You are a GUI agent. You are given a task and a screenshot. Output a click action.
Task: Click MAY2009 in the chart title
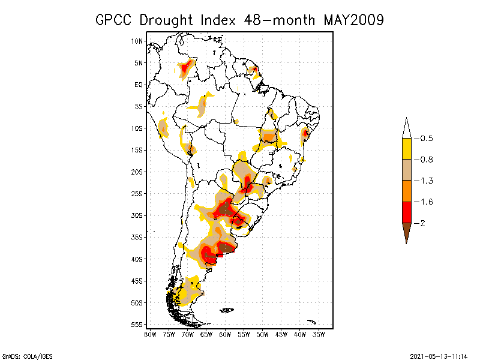[354, 20]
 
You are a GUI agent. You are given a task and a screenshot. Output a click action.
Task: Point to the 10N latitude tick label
[137, 41]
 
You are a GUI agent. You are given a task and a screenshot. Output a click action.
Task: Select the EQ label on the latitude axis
[139, 85]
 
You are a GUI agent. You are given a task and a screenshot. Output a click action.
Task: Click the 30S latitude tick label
[137, 215]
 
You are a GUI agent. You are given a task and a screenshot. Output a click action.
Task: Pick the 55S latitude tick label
[137, 325]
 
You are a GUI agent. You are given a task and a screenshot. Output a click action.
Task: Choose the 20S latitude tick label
[137, 172]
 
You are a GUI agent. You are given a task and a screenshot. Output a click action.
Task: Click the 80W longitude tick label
[150, 334]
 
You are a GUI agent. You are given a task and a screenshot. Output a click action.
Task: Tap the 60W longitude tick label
[225, 334]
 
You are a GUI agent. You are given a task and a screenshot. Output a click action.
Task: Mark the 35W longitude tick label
[319, 334]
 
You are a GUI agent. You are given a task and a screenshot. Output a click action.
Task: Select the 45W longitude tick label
[281, 334]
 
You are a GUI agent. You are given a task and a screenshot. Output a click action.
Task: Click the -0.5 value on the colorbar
[425, 139]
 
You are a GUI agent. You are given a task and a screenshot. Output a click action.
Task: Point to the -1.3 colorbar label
[425, 181]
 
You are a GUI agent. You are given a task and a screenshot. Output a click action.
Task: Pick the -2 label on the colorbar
[422, 223]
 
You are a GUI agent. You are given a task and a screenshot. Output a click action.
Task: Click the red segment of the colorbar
[407, 212]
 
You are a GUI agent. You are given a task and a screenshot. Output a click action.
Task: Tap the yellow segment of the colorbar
[407, 149]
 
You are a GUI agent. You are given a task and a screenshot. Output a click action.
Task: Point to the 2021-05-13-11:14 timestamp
[439, 355]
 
